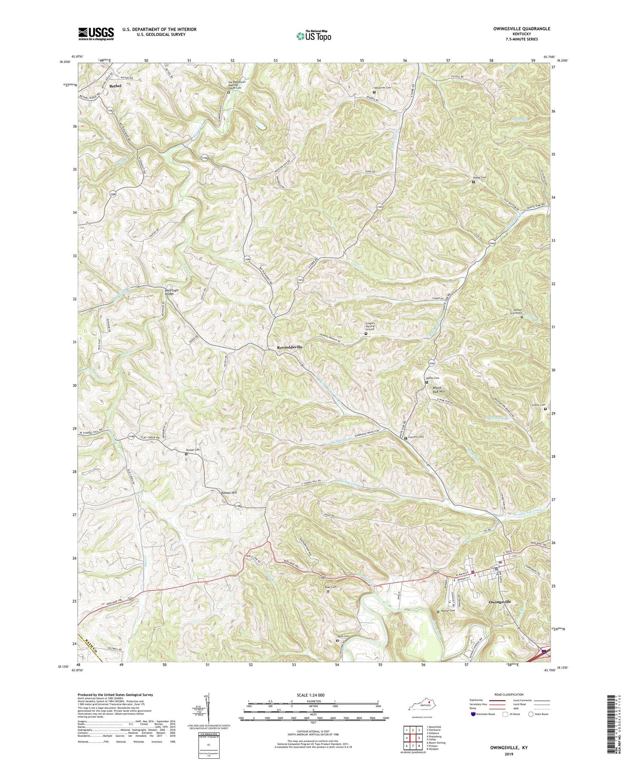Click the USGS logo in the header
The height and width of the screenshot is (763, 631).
click(96, 34)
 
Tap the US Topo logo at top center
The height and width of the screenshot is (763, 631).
click(314, 36)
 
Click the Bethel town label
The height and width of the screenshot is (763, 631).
click(115, 86)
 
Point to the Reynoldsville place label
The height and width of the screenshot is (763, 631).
click(290, 347)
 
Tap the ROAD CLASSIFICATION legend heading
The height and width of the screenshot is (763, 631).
click(506, 694)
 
